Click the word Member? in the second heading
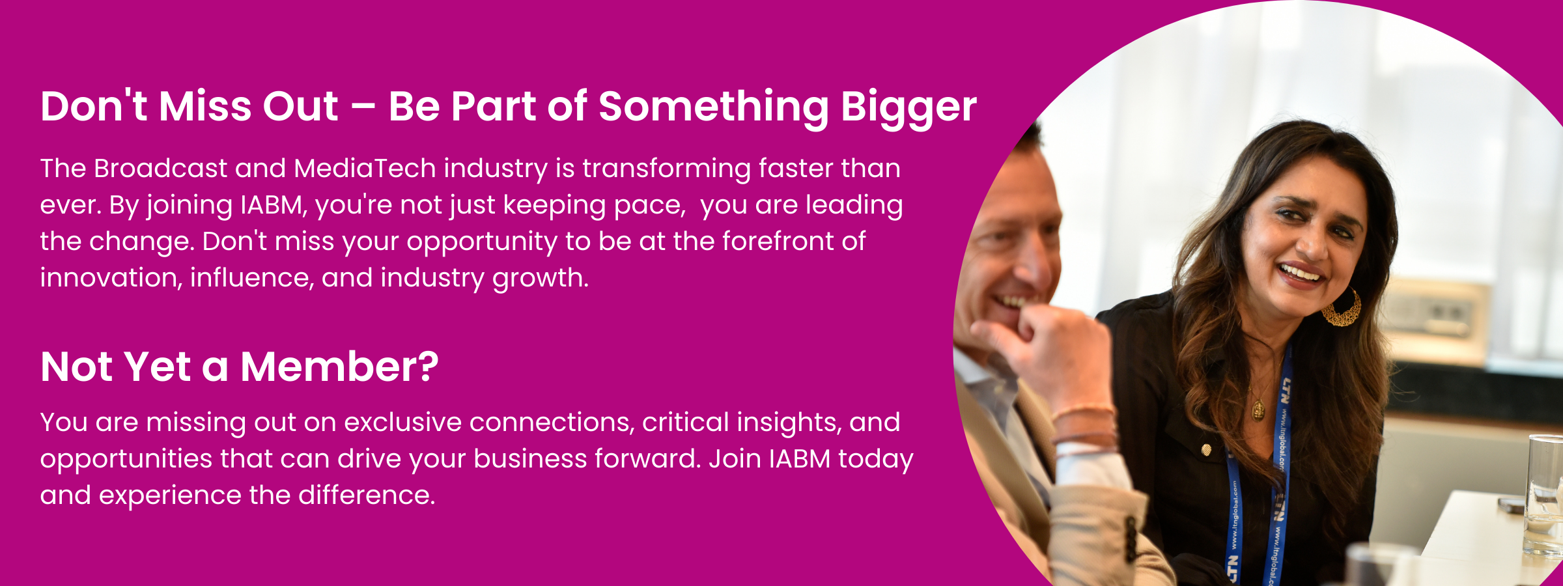tap(339, 367)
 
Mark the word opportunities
tap(126, 460)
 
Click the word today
tap(875, 460)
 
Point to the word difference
tap(367, 495)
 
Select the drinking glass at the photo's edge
tap(1543, 495)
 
